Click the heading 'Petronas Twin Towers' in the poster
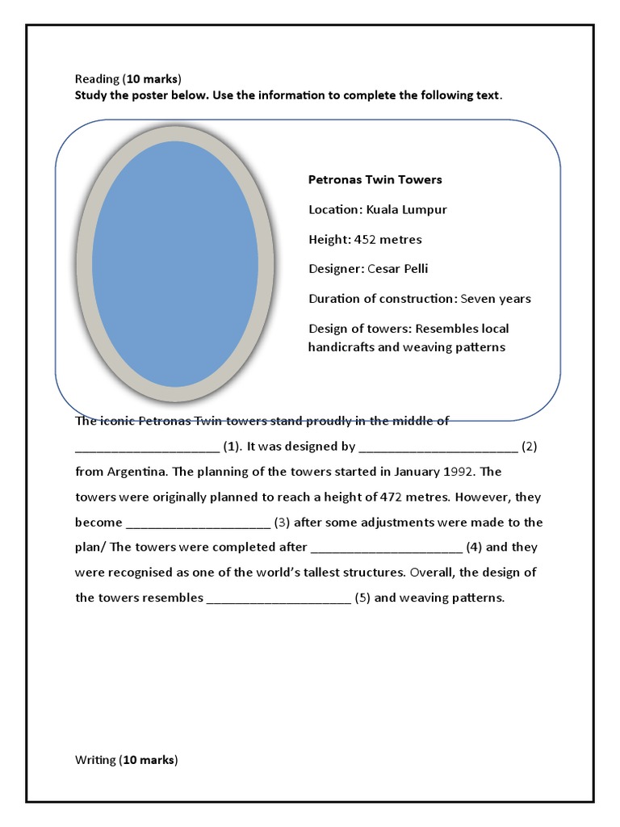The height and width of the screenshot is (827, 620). [x=375, y=179]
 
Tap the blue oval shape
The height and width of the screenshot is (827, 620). [x=175, y=263]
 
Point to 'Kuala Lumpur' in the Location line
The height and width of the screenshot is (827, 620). [x=406, y=209]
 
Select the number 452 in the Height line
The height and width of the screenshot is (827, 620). [x=366, y=239]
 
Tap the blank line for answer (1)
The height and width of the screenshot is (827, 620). [x=147, y=447]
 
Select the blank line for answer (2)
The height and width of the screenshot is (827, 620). [x=438, y=447]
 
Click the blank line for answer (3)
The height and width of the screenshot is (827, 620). [x=199, y=523]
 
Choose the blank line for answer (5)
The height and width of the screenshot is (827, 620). [x=279, y=599]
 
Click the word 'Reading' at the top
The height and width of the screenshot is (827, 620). [x=97, y=79]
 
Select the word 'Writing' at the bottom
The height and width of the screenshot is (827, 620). [x=95, y=760]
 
